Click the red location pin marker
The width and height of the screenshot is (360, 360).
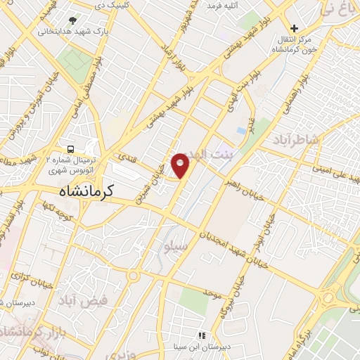pos(181,165)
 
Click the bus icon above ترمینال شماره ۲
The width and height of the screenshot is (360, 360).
pos(70,149)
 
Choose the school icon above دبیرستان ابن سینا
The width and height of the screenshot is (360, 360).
pos(202,335)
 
